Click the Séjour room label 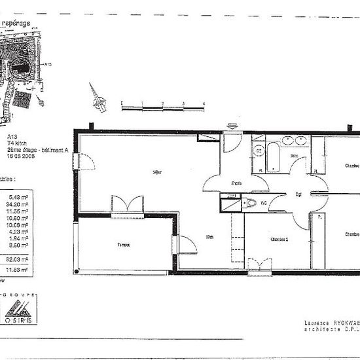(156, 172)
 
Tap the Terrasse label (124, 245)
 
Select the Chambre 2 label (280, 239)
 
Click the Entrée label (236, 183)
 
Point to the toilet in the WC (251, 204)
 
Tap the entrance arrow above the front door (232, 124)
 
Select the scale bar (163, 104)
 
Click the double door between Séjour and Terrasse (126, 204)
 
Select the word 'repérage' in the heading (18, 23)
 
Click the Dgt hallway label (298, 194)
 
